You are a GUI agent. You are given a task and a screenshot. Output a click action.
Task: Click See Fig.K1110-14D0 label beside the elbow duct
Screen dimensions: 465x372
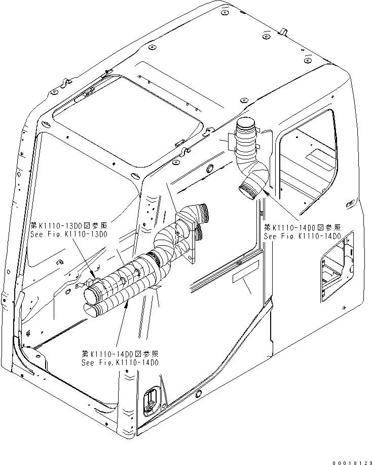coord(302,236)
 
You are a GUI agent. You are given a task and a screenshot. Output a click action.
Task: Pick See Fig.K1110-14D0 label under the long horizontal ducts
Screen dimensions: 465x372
coord(120,362)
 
